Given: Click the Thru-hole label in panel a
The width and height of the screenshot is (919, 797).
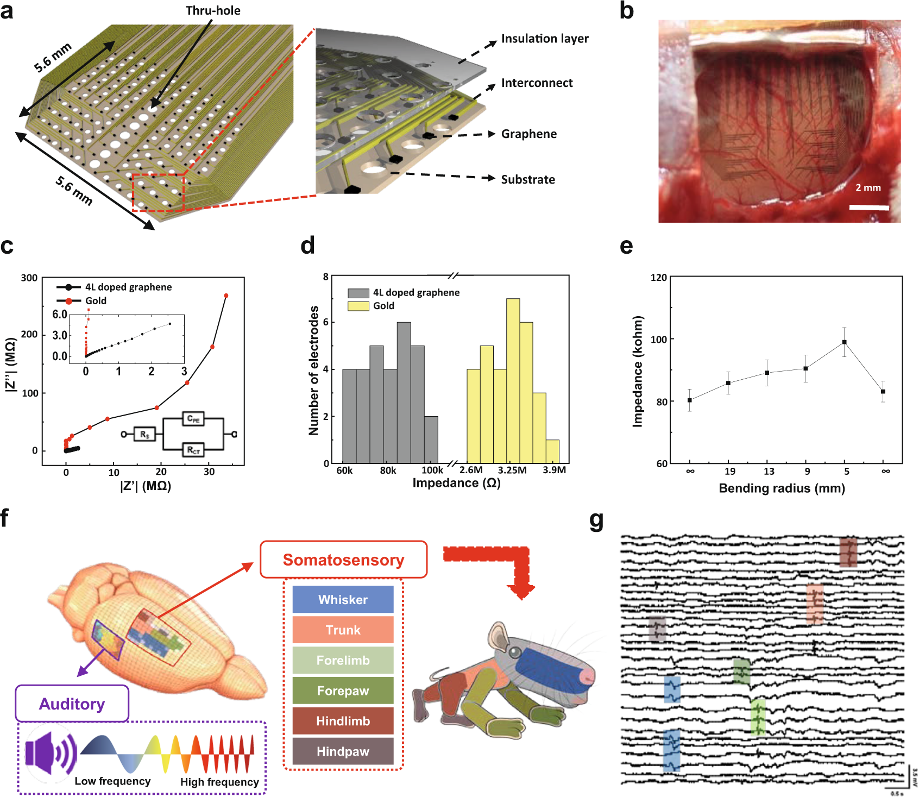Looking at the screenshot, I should [x=213, y=10].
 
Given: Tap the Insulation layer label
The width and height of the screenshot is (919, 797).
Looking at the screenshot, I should [x=544, y=39].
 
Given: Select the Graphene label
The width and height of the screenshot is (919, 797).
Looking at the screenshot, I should [x=528, y=134].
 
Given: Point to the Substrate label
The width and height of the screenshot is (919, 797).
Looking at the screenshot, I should [x=527, y=180].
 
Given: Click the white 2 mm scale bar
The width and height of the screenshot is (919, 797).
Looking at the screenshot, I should [x=869, y=208].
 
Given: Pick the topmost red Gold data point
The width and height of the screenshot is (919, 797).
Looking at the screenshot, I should [x=226, y=296].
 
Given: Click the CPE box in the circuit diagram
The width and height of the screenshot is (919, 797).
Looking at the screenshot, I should [x=193, y=419].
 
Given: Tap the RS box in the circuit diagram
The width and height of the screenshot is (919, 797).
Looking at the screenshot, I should [x=144, y=434].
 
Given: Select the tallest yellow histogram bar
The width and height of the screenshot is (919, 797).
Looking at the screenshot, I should [x=513, y=380].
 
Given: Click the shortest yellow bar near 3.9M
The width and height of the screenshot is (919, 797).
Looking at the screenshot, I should [x=552, y=451].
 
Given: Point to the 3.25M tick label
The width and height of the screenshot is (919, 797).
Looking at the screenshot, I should [x=512, y=470].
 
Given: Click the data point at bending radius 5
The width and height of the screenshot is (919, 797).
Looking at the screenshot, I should [x=844, y=342].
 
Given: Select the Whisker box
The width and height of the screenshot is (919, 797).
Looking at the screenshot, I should [x=343, y=599].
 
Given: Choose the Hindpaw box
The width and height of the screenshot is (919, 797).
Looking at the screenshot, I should [x=343, y=751].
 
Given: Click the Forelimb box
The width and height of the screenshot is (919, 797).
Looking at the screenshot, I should [x=343, y=660].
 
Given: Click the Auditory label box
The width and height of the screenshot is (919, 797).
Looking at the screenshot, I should [x=72, y=704].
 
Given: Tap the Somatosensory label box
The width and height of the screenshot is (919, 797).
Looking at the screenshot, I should [x=343, y=560].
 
